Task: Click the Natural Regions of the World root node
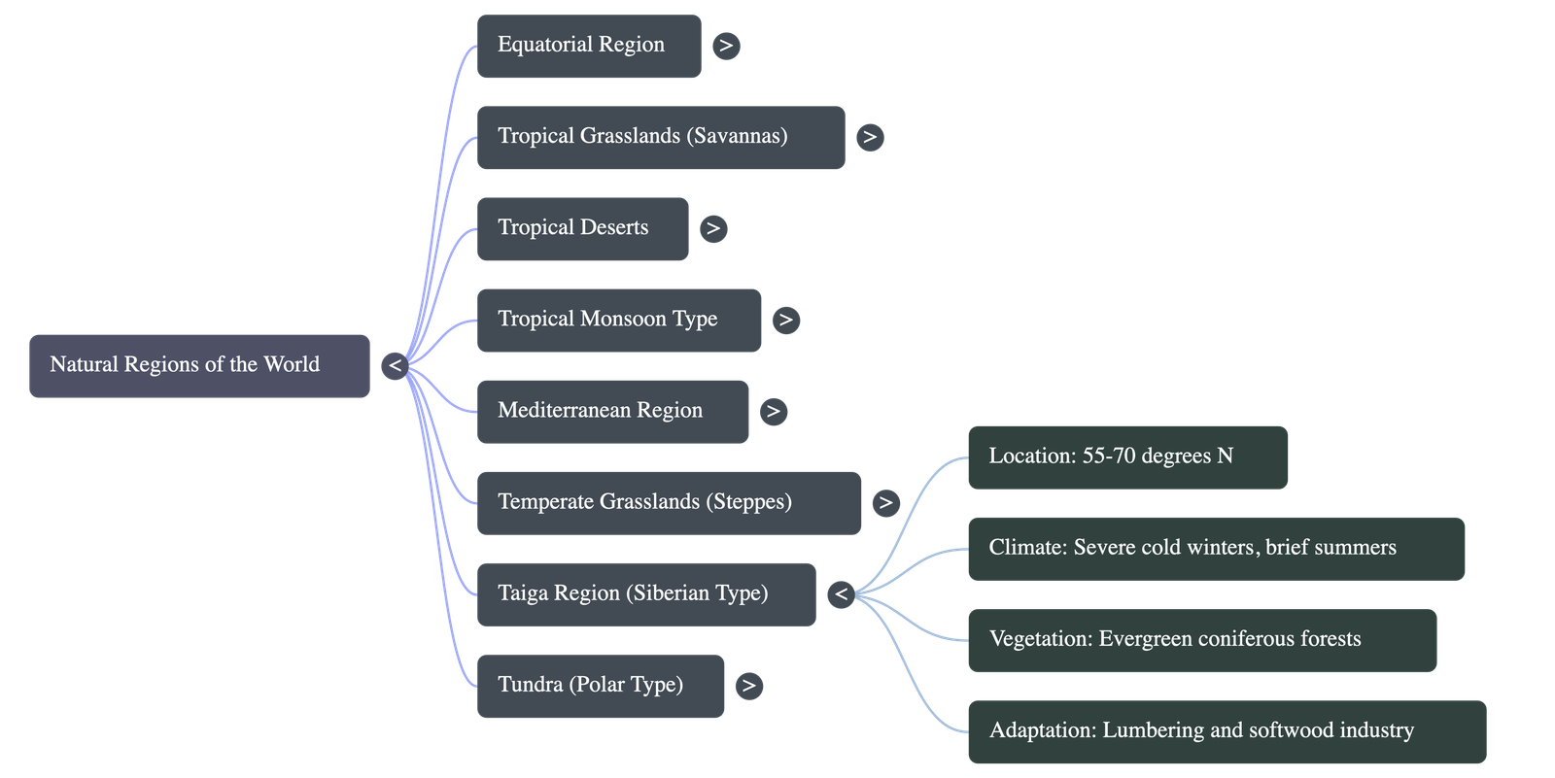[199, 366]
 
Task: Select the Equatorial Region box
[588, 46]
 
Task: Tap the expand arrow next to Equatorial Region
[726, 46]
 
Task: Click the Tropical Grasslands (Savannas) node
[661, 137]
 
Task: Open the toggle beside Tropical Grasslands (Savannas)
[870, 137]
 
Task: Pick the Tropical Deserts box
[582, 228]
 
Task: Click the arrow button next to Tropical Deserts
[713, 228]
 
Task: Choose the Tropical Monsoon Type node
[619, 320]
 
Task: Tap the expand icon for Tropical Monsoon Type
[786, 320]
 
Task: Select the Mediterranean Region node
[612, 411]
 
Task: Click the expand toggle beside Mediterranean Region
[773, 411]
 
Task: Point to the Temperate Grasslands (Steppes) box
[669, 502]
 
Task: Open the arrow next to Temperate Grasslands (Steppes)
[885, 502]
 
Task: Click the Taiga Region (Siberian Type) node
[646, 593]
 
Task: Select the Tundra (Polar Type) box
[601, 686]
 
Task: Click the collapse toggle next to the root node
[395, 366]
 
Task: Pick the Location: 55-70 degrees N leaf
[1127, 457]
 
